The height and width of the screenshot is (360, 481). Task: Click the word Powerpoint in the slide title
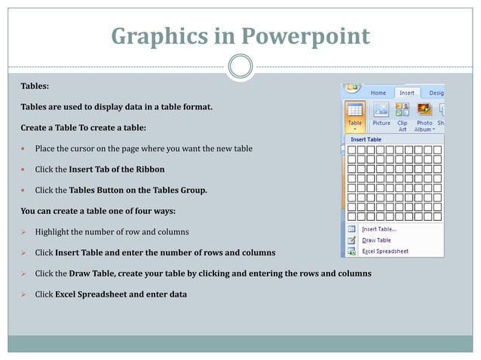[307, 35]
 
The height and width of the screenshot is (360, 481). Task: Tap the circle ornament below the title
[240, 66]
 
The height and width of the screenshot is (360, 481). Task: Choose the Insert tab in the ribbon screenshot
[406, 93]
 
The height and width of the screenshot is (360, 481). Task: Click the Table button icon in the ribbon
[355, 110]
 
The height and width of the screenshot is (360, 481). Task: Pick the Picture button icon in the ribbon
[381, 110]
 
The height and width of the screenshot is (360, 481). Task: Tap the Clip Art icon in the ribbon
[403, 110]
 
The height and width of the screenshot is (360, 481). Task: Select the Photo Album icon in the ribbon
[424, 110]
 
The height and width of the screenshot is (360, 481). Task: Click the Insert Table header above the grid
[367, 139]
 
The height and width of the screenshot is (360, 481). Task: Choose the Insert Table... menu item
[378, 229]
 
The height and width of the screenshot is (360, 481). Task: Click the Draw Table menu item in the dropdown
[376, 240]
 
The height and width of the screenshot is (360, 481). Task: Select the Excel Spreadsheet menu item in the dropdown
[385, 251]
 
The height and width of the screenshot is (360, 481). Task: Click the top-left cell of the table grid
[351, 150]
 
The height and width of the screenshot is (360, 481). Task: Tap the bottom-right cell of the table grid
[437, 216]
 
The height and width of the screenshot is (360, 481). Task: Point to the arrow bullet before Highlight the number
[24, 231]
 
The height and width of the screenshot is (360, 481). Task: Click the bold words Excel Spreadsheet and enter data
[121, 294]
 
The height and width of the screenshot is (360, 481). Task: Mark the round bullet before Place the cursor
[24, 148]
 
